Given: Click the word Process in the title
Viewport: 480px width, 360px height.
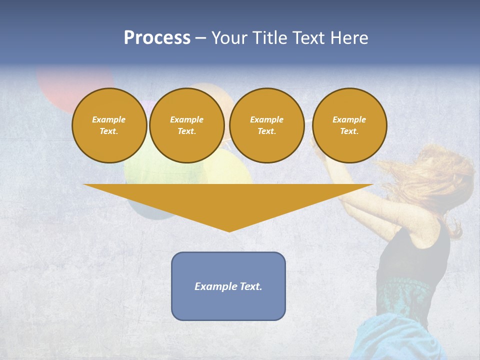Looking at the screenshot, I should click(157, 38).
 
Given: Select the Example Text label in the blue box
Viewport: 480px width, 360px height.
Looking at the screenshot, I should click(228, 286).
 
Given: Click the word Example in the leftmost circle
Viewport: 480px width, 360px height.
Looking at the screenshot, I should click(109, 119).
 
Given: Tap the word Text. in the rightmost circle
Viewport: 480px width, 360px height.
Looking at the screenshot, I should click(349, 131).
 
